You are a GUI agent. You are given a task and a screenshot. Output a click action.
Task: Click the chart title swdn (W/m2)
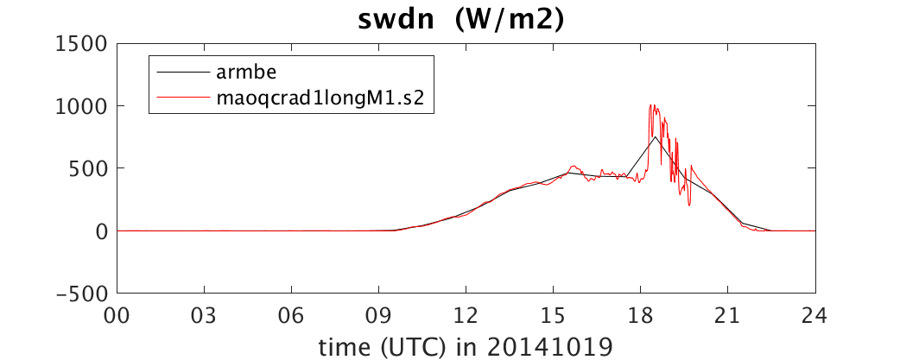[461, 20]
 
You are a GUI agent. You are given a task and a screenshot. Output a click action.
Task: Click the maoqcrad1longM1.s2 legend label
[320, 98]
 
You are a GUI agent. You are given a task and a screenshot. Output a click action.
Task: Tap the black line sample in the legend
[181, 73]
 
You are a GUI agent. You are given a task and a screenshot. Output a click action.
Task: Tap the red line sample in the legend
[181, 98]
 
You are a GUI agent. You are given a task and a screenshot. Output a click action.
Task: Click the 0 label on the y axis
[101, 231]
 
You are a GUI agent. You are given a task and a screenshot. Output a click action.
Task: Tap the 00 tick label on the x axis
[117, 316]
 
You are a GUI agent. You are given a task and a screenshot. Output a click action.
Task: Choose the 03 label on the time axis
[205, 316]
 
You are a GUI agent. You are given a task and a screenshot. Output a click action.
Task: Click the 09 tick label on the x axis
[379, 316]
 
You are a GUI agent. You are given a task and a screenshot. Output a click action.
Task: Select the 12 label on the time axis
[466, 316]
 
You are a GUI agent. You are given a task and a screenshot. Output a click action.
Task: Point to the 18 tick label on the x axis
[641, 316]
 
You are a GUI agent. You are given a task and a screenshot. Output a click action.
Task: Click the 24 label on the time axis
[815, 316]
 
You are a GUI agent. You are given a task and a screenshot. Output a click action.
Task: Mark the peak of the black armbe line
[655, 136]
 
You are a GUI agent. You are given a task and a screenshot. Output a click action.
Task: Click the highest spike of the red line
[650, 105]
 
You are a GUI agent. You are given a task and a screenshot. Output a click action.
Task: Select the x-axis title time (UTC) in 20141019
[466, 347]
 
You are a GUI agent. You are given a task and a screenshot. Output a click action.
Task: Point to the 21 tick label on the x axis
[728, 316]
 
